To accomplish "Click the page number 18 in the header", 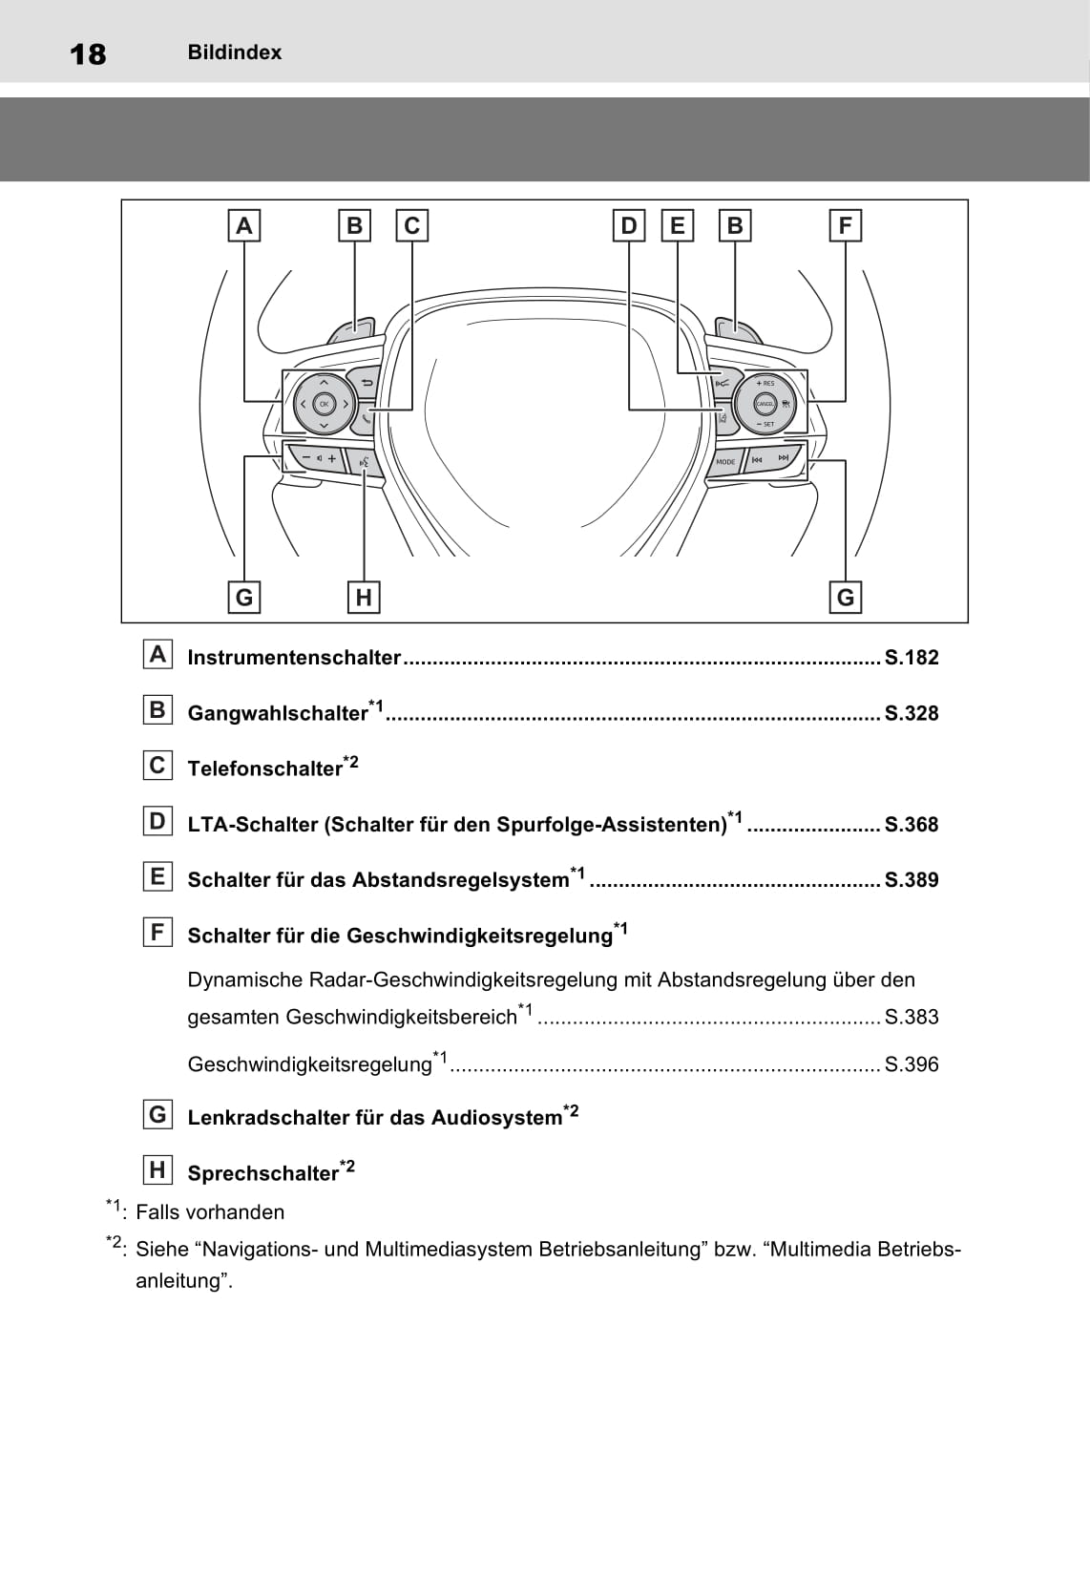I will point(88,53).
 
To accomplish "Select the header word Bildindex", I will point(234,53).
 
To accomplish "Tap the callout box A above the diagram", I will point(244,226).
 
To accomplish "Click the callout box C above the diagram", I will point(411,226).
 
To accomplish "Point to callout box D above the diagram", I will point(628,226).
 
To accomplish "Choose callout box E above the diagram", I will point(678,226).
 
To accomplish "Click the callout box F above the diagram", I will point(845,226).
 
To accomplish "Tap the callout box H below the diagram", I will point(364,598).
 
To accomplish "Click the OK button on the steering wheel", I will point(324,404).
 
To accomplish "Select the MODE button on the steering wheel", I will point(725,461).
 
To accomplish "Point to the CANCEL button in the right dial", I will point(765,404).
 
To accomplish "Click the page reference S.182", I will point(912,657).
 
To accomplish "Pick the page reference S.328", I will point(912,713).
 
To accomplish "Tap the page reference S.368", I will point(912,824).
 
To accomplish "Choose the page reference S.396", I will point(912,1064).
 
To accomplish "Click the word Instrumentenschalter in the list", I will point(294,657).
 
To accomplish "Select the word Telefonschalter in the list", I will point(264,768).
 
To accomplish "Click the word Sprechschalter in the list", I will point(262,1173).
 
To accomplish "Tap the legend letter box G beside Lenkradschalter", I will point(157,1114).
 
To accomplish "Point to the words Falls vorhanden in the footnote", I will point(210,1212).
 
